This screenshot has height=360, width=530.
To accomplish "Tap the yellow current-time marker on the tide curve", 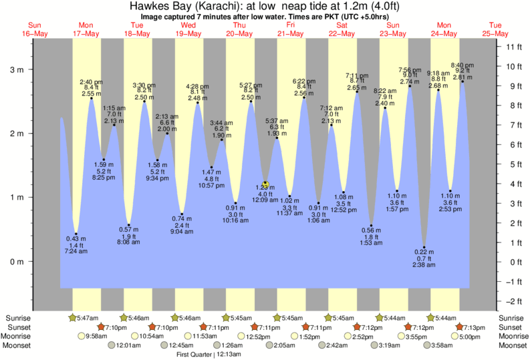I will tap(265, 184).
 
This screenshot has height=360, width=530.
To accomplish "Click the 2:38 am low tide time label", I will tap(424, 264).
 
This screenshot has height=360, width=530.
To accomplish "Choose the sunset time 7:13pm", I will tap(475, 327).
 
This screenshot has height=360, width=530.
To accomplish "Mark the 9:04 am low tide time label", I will tap(182, 232).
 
